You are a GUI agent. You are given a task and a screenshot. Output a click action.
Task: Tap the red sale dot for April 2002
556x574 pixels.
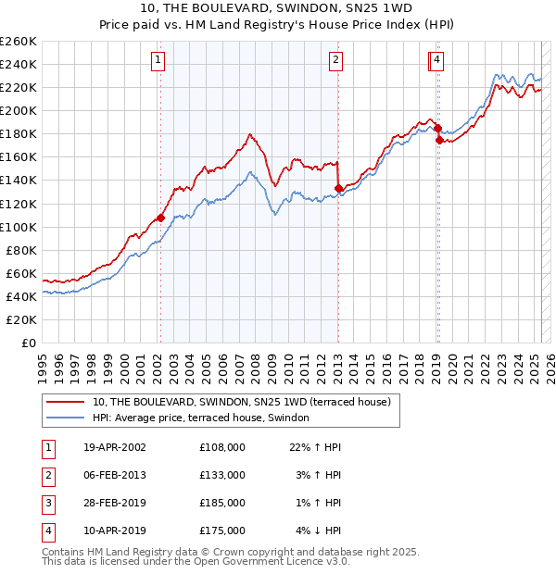(160, 218)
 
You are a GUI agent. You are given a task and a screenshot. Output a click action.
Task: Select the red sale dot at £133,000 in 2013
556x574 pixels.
(338, 188)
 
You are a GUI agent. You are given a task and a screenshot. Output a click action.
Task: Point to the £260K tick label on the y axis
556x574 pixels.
(19, 42)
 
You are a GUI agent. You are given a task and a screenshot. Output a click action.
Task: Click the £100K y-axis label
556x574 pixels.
(19, 227)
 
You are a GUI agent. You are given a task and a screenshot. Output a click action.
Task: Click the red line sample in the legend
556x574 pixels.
(65, 402)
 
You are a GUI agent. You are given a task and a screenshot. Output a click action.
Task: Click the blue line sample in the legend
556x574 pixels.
(65, 418)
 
